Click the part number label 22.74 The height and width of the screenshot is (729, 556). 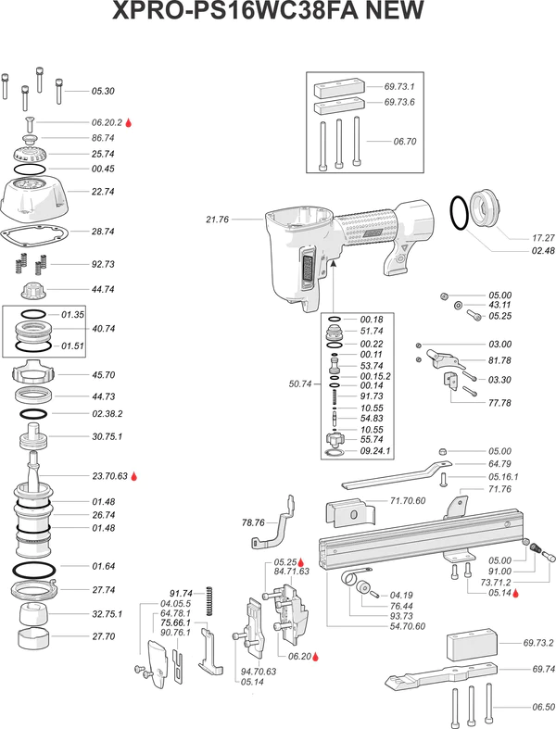coord(103,191)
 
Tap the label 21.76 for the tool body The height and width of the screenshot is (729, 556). coord(217,220)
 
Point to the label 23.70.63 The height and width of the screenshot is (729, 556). coord(109,477)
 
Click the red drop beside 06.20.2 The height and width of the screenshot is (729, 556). coord(130,122)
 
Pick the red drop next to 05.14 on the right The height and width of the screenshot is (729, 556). coord(517,594)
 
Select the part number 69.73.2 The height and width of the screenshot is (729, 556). coord(538,643)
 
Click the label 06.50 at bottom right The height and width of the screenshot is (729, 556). coord(544,708)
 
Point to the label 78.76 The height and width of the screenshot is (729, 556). coord(253,522)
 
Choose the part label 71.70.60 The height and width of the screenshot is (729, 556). coord(408,500)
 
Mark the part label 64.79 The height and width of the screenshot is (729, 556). coord(499,463)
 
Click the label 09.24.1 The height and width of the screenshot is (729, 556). coord(376,451)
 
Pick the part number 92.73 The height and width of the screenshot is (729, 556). coord(103,264)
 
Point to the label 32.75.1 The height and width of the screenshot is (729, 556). coord(107,613)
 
